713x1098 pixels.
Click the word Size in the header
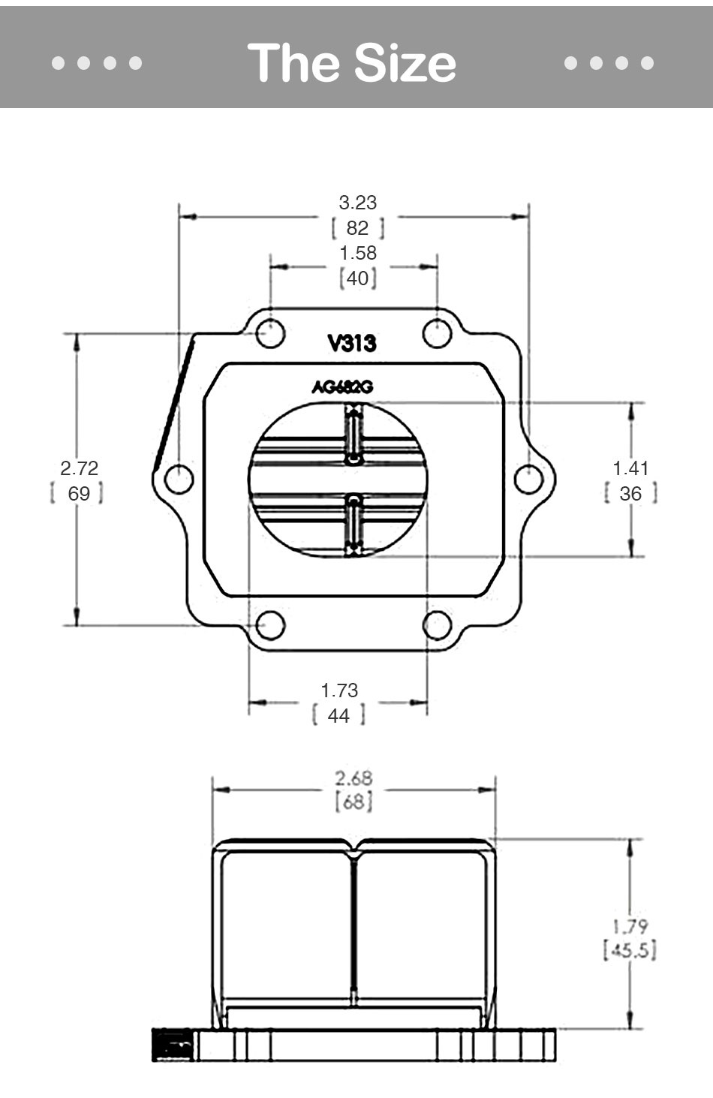point(405,62)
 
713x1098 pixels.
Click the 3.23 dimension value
point(357,203)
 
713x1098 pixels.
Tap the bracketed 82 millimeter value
point(357,227)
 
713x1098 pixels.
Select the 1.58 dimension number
point(357,253)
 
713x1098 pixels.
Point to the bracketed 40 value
point(357,278)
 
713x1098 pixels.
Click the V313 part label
point(351,344)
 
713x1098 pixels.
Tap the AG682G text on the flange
point(342,387)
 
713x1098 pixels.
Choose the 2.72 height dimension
point(79,468)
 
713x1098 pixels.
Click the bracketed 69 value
point(78,493)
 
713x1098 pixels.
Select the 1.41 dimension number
point(630,468)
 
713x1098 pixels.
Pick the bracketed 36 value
point(630,493)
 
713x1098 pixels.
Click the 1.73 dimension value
point(339,690)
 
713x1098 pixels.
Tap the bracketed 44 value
point(338,715)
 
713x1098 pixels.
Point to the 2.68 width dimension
point(353,778)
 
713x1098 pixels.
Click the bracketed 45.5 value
point(629,950)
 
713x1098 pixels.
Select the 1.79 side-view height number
point(629,926)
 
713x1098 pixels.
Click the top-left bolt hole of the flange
point(270,333)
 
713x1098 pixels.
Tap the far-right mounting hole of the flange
point(529,478)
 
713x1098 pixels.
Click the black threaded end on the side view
point(173,1045)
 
